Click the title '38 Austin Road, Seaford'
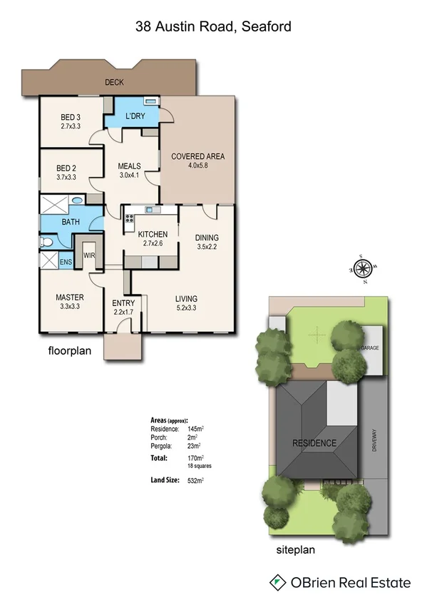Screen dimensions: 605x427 [x=213, y=27]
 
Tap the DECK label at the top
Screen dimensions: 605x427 [x=114, y=83]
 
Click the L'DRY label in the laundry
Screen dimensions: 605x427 [x=135, y=116]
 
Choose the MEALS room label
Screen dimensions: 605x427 [x=129, y=167]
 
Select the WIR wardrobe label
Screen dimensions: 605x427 [x=90, y=254]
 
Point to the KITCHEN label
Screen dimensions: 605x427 [x=153, y=234]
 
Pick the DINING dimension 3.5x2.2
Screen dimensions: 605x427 [x=207, y=247]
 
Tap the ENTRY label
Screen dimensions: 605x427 [x=123, y=303]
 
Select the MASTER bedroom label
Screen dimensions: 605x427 [x=70, y=297]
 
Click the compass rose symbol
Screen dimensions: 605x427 [x=361, y=269]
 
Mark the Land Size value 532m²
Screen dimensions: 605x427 [x=192, y=481]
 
